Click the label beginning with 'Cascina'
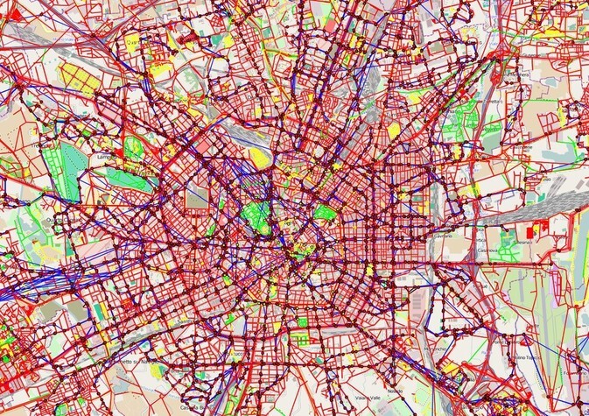tap(192, 408)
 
